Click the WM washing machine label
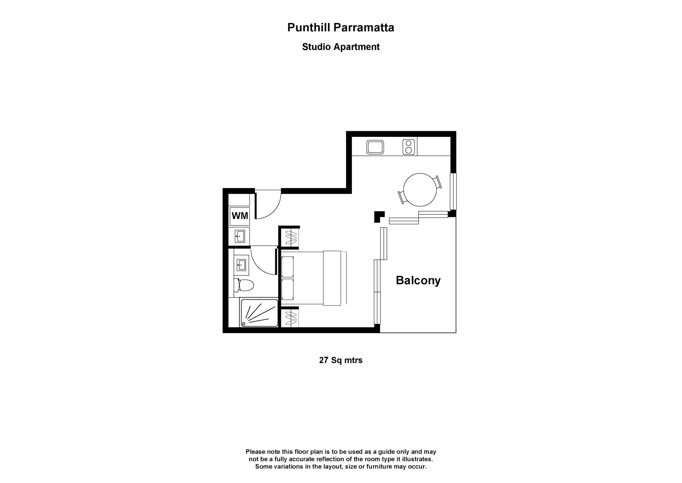coord(240,216)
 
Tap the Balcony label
coord(418,280)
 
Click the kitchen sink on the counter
coord(375,147)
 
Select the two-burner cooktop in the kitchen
coord(409,147)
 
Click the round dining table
coord(420,190)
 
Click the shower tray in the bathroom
coord(259,313)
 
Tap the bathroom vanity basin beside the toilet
coord(241,264)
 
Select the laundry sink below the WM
coord(240,236)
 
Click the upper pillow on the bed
coord(288,267)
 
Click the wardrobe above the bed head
coord(291,237)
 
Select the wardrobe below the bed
coord(291,318)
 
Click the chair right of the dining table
coord(439,182)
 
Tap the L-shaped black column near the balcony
coord(379,216)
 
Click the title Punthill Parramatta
coord(341,28)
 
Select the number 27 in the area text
coord(323,360)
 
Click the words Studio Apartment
coord(341,47)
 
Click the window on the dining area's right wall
coord(453,191)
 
